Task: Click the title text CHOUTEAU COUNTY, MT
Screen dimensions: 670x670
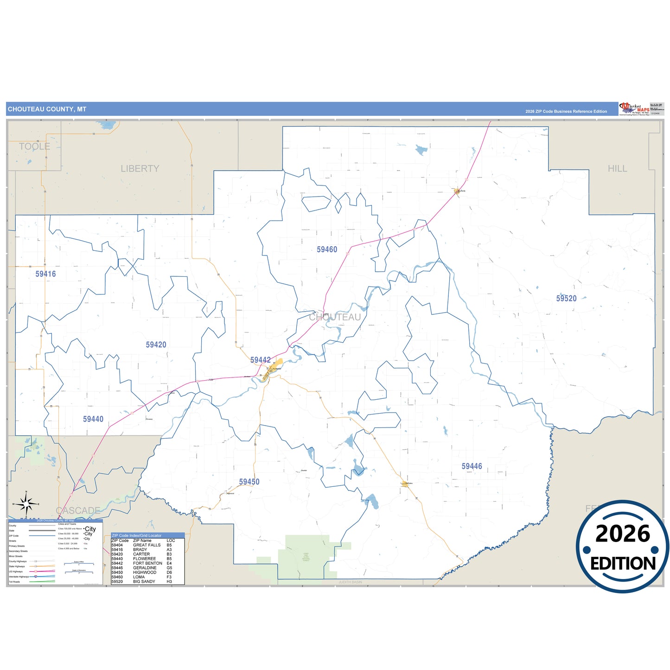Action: [x=47, y=109]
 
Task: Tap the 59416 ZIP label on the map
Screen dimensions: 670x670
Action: [x=45, y=274]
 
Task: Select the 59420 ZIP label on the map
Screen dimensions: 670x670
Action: [x=156, y=345]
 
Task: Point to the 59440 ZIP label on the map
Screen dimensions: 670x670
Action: [x=93, y=419]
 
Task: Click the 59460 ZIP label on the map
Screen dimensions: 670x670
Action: [x=327, y=249]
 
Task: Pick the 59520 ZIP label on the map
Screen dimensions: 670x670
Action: [x=566, y=299]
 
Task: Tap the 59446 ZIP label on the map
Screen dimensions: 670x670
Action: [x=472, y=466]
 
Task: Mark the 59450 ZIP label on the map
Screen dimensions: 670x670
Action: [x=249, y=482]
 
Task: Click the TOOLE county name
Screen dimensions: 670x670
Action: [x=34, y=147]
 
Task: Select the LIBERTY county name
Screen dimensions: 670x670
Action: [x=140, y=169]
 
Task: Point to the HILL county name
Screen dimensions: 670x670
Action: [x=617, y=169]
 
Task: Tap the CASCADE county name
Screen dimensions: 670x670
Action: [x=78, y=510]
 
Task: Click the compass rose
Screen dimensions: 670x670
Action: [x=26, y=503]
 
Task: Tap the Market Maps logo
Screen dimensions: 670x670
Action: [x=634, y=109]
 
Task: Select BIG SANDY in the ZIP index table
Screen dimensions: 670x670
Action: [x=144, y=581]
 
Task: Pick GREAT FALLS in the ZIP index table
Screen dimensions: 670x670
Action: [x=147, y=545]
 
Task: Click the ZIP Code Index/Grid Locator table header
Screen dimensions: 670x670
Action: [x=137, y=536]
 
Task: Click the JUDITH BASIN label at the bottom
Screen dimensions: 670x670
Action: [x=350, y=582]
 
